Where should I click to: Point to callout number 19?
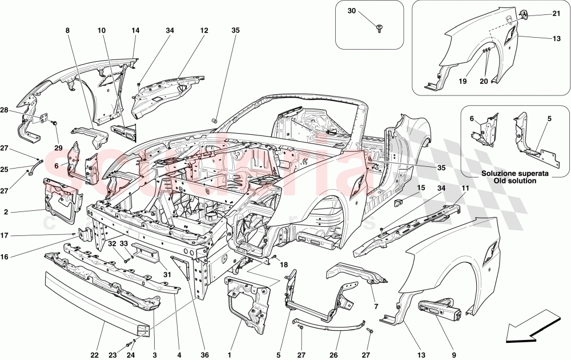[461, 82]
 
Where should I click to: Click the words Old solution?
[516, 181]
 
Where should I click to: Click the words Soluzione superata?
[516, 173]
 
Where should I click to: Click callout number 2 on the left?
[6, 211]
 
